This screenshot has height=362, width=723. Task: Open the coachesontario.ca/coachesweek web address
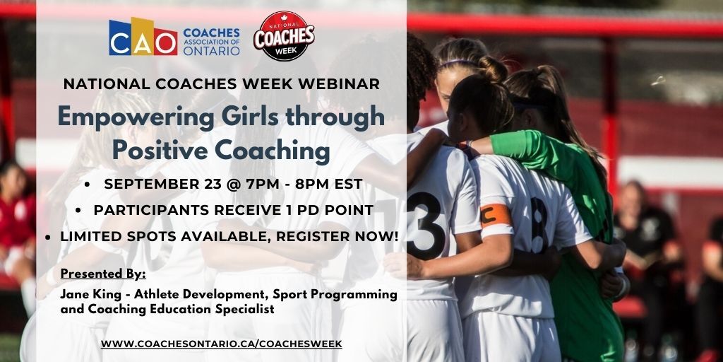(221, 344)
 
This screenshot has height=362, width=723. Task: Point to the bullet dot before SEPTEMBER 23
(87, 185)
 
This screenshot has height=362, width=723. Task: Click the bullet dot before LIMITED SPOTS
(47, 235)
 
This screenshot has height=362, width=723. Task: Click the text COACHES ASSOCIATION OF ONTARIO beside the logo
(211, 42)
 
